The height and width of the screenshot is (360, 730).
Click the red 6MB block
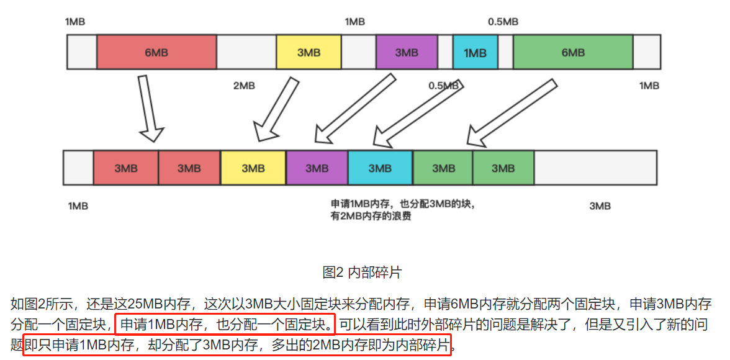tap(156, 52)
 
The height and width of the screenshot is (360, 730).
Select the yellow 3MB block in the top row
tap(309, 52)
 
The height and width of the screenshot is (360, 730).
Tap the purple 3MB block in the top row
tap(407, 52)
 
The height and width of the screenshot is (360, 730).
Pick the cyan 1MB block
tap(475, 52)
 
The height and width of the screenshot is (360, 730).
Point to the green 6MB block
tap(572, 52)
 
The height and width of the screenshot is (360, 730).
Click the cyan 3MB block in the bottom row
tap(381, 168)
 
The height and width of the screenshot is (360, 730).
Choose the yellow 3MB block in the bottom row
tap(253, 168)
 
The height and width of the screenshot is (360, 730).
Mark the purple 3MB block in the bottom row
tap(317, 168)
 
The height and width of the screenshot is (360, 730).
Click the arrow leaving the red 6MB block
tap(149, 108)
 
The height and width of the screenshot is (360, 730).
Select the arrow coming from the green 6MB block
tap(512, 111)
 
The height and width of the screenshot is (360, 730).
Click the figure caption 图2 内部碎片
tap(362, 272)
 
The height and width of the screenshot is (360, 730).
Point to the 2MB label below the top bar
tap(244, 86)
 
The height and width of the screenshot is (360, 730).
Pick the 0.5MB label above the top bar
tap(503, 22)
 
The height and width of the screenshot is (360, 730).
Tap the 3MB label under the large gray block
tap(600, 206)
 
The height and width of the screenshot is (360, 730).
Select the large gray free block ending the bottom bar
tap(595, 168)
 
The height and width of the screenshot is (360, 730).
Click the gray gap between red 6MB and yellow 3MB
tap(246, 52)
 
